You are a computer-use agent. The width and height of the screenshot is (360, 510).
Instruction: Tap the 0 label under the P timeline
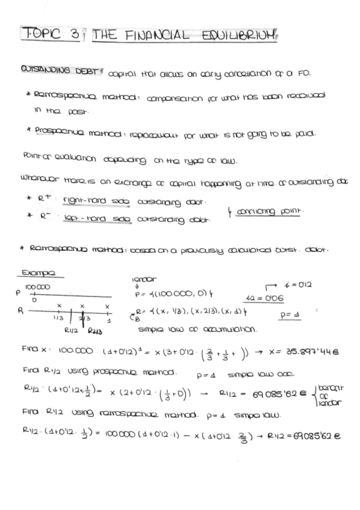35,300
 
